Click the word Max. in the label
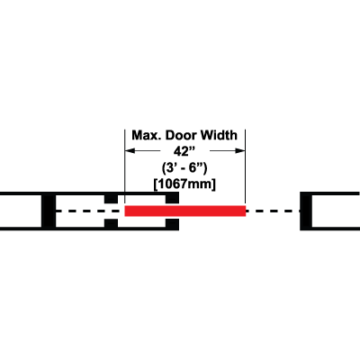147,135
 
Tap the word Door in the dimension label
181,135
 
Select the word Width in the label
219,135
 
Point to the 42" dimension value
183,151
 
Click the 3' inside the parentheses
171,168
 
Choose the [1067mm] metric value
184,184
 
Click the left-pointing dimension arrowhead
130,150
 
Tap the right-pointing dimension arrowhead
239,150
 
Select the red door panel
185,211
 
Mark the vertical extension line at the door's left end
125,167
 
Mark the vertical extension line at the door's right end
246,167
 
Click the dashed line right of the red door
273,211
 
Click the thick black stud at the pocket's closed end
49,211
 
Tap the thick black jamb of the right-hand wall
306,211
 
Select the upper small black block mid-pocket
111,199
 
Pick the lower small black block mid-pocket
111,223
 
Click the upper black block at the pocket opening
173,198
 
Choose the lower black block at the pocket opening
173,225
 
